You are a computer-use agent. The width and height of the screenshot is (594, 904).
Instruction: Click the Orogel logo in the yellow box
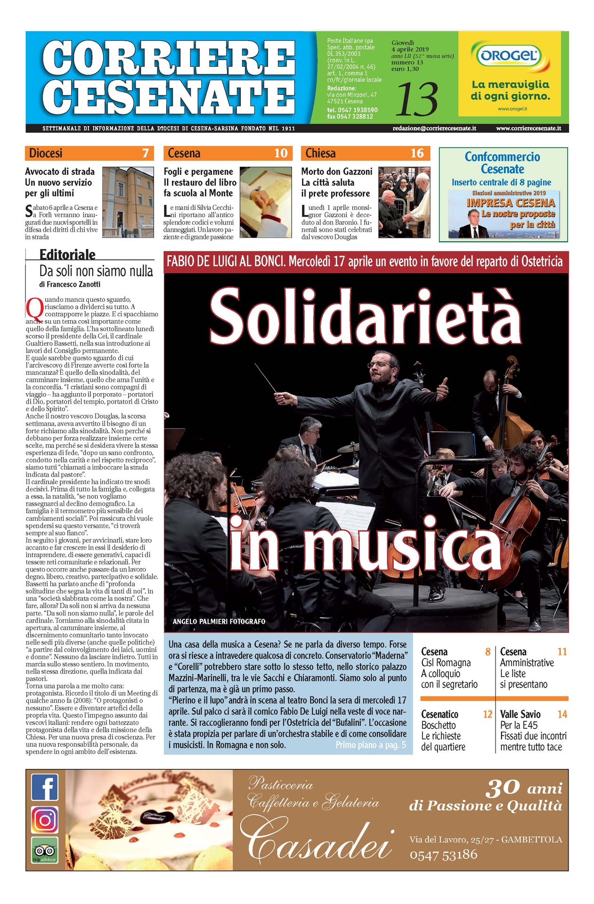click(x=509, y=56)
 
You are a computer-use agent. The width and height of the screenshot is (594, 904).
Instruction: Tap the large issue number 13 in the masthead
click(x=417, y=99)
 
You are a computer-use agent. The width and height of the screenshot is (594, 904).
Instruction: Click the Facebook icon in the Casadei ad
click(x=45, y=787)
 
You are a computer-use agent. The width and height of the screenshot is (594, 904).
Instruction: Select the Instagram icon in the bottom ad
click(x=45, y=820)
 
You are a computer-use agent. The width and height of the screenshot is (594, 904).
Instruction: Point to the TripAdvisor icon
click(x=45, y=850)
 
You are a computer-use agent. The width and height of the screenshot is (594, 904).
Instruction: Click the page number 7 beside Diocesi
click(x=146, y=153)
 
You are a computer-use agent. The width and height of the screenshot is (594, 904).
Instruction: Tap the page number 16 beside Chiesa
click(x=417, y=153)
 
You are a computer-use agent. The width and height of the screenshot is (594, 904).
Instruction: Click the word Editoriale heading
click(x=67, y=255)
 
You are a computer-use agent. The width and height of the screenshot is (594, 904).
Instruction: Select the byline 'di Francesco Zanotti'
click(x=70, y=284)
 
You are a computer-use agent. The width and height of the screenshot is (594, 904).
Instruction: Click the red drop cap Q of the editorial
click(x=34, y=308)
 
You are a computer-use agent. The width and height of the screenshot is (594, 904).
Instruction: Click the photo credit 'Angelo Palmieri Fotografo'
click(x=219, y=621)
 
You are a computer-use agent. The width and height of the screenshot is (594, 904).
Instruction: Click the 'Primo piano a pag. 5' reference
click(x=371, y=745)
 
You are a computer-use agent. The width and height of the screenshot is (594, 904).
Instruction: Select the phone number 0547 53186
click(x=443, y=855)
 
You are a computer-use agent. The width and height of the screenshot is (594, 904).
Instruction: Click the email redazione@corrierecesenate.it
click(x=434, y=128)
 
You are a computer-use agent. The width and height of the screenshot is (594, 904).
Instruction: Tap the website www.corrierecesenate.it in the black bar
click(x=528, y=128)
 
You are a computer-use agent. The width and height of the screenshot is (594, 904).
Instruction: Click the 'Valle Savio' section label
click(x=520, y=714)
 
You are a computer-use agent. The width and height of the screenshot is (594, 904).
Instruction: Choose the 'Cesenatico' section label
click(x=439, y=714)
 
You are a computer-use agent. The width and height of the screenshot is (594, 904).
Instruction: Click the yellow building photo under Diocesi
click(x=128, y=202)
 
